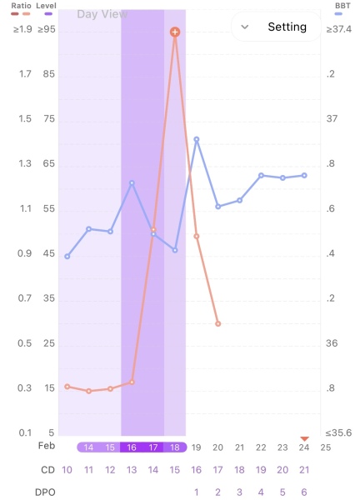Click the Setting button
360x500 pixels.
point(277,27)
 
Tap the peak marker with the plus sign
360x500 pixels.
point(175,32)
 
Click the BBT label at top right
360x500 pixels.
point(342,5)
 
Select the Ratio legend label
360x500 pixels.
point(21,5)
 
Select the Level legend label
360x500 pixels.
point(47,5)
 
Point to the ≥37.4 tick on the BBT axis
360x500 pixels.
point(338,29)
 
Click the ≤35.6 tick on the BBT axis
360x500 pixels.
point(338,432)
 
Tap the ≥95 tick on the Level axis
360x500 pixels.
point(47,29)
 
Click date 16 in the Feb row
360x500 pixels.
point(132,447)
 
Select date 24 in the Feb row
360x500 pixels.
point(304,447)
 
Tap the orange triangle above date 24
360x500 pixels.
point(304,438)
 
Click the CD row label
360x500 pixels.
point(47,470)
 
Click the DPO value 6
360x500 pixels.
point(304,492)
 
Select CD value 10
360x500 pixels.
point(67,470)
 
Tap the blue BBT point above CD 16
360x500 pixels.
point(197,140)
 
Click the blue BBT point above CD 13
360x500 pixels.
point(132,182)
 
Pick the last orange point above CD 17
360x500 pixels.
point(218,323)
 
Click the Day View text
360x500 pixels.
point(101,14)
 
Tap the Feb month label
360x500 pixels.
point(47,447)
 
